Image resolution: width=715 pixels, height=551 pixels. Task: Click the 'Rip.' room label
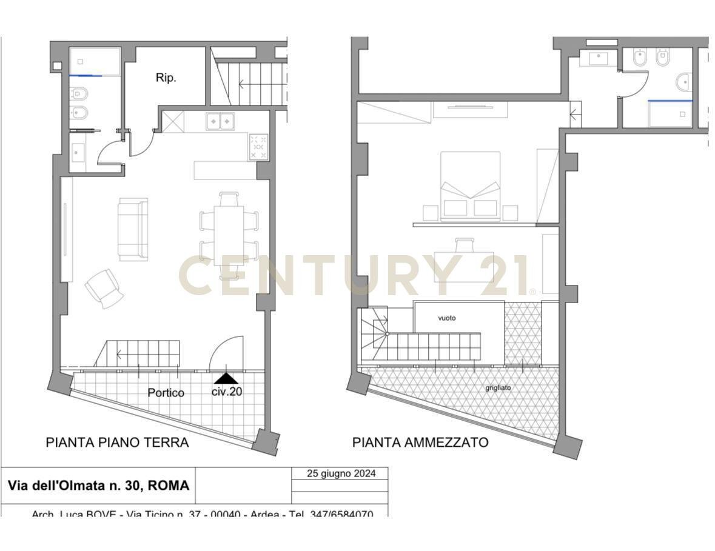tap(166, 78)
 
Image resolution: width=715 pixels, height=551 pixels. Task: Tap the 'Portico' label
tap(166, 393)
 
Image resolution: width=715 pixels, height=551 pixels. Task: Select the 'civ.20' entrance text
tap(227, 392)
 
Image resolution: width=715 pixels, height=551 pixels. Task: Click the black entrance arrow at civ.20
tap(227, 378)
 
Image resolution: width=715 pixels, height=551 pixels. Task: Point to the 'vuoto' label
tap(447, 318)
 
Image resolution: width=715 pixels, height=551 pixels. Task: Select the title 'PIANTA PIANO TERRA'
tap(117, 442)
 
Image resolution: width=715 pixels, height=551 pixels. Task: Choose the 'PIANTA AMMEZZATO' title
tap(420, 442)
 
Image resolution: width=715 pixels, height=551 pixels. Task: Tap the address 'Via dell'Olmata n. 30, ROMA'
tap(98, 486)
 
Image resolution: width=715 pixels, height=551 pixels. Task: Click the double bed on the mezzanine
tap(470, 182)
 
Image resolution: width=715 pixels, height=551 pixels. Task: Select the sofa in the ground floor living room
tap(133, 229)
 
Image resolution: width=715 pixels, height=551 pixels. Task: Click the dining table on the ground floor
tap(229, 235)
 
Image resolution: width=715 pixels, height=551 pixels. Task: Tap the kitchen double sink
tap(220, 122)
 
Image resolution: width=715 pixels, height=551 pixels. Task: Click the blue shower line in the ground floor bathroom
tap(86, 76)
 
